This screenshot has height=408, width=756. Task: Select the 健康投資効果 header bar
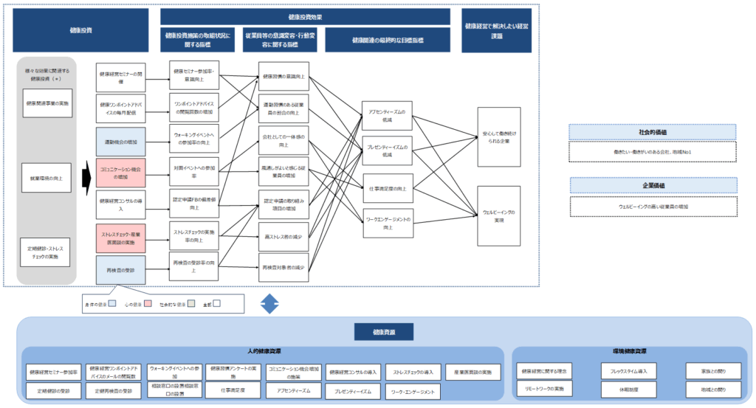(305, 16)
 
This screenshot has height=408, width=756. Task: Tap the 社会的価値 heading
(653, 132)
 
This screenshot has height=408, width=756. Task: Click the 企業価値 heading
(653, 184)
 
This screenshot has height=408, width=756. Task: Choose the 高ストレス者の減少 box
(284, 237)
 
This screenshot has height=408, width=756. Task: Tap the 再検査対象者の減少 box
(284, 267)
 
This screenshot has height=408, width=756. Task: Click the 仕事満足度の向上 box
(388, 188)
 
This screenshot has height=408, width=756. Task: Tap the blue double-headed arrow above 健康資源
(271, 302)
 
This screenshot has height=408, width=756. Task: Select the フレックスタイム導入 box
(628, 371)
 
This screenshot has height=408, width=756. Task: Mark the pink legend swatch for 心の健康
(148, 302)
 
